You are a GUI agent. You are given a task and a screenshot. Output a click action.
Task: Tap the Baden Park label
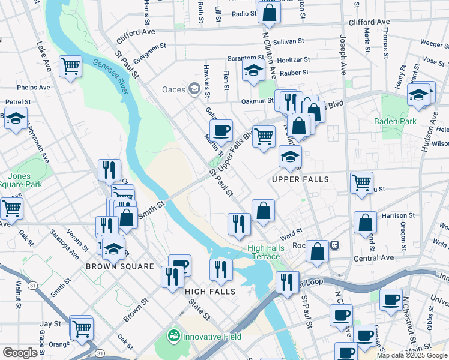(395, 121)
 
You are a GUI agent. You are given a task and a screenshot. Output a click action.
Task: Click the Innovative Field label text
(212, 337)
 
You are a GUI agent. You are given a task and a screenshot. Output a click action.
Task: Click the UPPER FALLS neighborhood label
(300, 179)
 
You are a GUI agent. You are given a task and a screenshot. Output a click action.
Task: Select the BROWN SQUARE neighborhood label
(120, 266)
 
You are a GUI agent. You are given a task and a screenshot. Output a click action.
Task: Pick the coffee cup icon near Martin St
(221, 130)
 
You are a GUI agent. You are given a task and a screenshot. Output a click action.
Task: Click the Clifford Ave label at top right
(369, 22)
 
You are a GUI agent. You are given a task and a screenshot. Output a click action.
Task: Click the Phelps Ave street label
(34, 88)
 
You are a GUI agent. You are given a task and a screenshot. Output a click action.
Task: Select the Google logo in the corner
(20, 353)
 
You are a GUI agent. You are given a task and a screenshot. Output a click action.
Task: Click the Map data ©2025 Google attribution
(412, 355)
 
